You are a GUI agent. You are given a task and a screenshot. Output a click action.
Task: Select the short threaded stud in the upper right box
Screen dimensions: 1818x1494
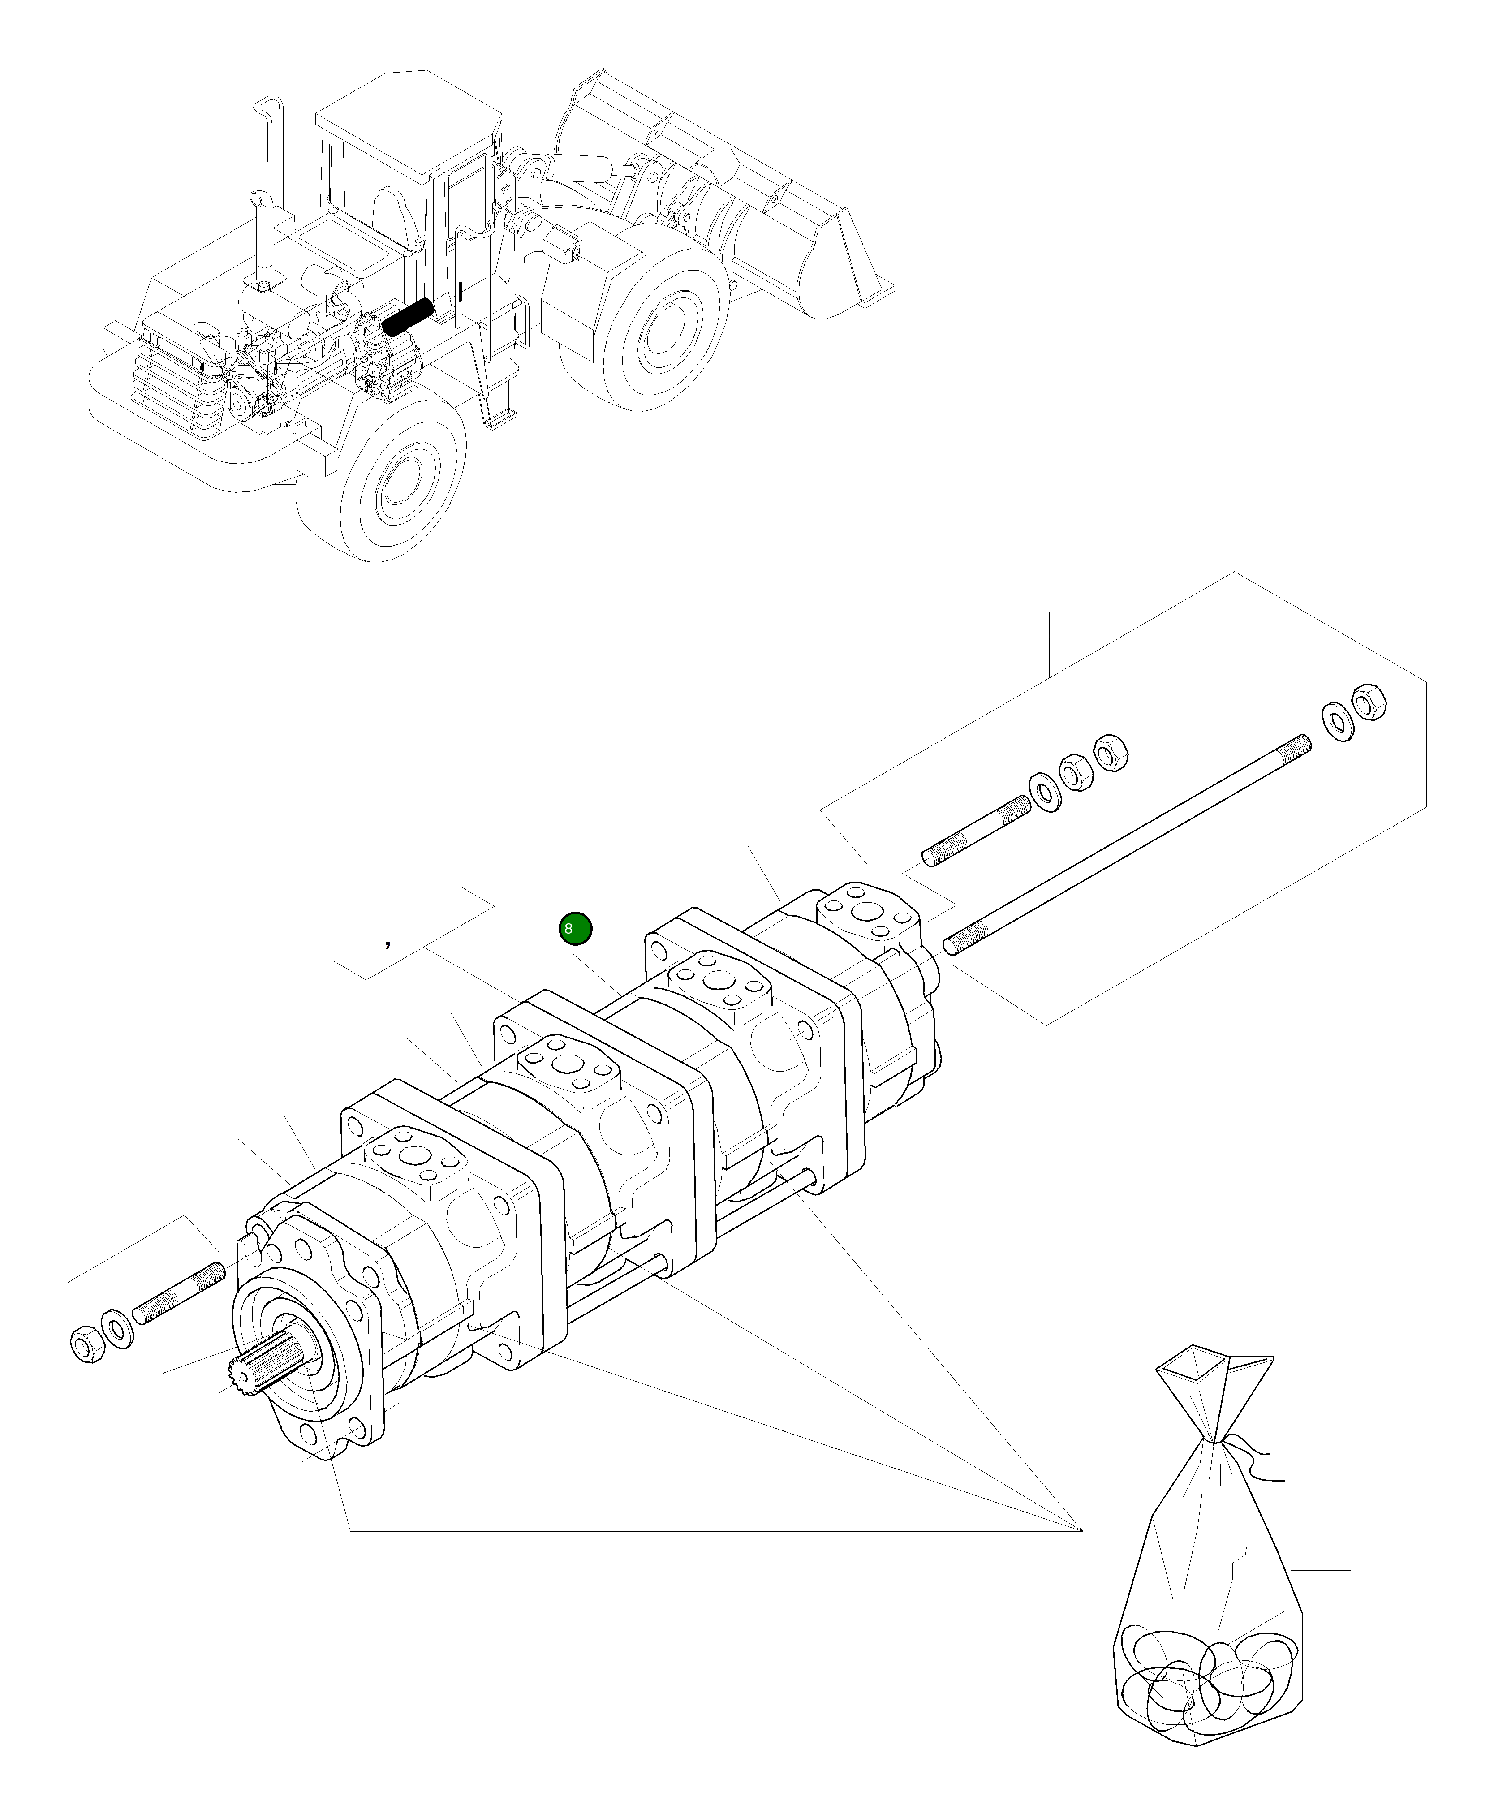(x=976, y=831)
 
